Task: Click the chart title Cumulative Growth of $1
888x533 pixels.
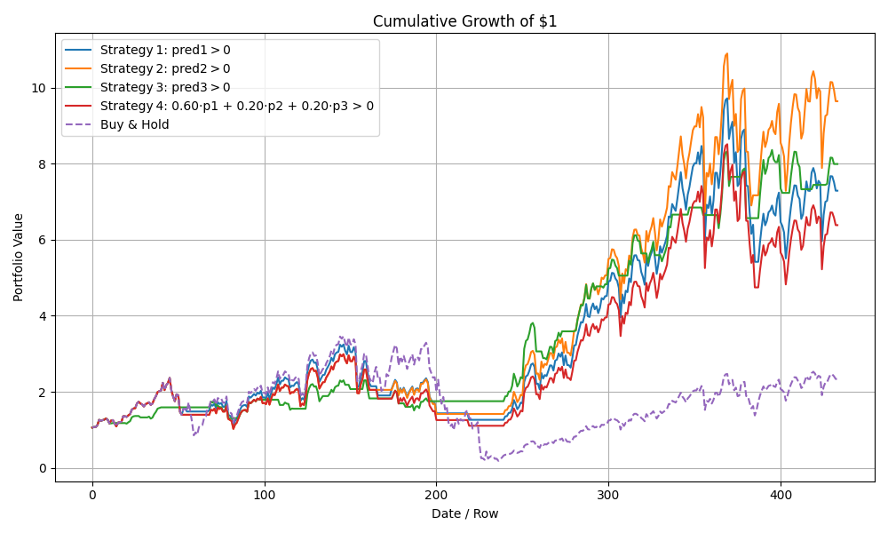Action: (464, 21)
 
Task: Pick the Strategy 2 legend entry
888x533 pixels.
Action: (164, 68)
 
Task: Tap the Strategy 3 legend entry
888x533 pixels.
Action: (164, 87)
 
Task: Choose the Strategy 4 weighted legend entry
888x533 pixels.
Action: (236, 106)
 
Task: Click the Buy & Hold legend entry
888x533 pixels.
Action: (134, 124)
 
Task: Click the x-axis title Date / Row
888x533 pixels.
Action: (464, 513)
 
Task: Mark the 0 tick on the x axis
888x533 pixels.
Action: (92, 496)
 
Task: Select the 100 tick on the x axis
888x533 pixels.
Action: (265, 496)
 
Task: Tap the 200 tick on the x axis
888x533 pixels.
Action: (436, 496)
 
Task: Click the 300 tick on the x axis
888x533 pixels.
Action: (608, 496)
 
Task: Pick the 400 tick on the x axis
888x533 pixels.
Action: (781, 496)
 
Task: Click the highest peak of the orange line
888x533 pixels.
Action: (726, 53)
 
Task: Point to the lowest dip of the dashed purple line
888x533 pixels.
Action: (497, 461)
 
